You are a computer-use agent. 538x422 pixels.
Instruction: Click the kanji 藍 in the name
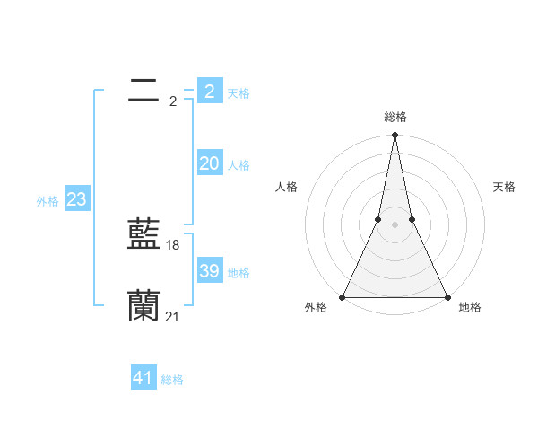[x=143, y=234]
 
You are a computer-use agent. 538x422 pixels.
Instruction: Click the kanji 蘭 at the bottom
[x=143, y=305]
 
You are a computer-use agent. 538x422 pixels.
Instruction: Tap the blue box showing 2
[x=209, y=91]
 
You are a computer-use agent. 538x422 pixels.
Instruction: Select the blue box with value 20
[x=209, y=163]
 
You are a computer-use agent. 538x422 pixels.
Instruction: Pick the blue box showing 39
[x=209, y=271]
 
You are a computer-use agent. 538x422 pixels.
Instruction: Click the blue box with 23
[x=76, y=199]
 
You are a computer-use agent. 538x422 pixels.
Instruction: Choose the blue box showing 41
[x=143, y=378]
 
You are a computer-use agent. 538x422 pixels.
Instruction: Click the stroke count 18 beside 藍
[x=173, y=245]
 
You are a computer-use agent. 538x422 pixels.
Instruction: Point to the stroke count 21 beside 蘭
[x=173, y=316]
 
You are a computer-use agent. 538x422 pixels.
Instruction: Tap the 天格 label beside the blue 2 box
[x=239, y=93]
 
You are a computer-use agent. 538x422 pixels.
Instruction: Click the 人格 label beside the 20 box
[x=239, y=165]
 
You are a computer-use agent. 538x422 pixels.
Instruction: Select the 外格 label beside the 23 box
[x=48, y=201]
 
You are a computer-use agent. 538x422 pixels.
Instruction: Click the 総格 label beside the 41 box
[x=172, y=380]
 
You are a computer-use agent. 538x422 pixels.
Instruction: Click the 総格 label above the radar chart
[x=395, y=117]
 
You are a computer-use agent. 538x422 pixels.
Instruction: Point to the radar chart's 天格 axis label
[x=504, y=187]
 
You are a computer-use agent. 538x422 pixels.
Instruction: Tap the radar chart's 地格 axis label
[x=470, y=307]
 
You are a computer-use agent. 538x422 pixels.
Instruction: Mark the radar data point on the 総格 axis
[x=395, y=136]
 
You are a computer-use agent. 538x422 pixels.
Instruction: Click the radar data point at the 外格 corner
[x=343, y=297]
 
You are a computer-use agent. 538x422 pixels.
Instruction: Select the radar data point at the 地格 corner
[x=446, y=297]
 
